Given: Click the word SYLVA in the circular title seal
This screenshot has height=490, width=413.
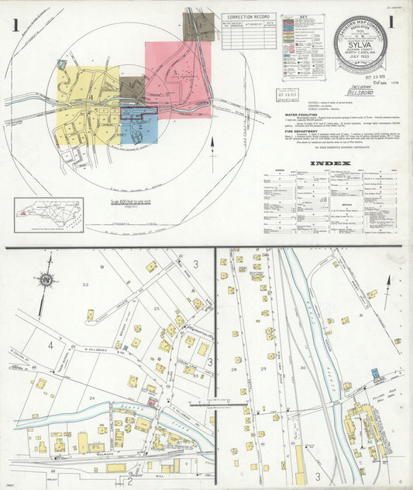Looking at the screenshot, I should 360,45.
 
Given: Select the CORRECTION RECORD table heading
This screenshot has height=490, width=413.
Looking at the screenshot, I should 248,16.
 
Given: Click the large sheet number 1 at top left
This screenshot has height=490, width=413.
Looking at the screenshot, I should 15,25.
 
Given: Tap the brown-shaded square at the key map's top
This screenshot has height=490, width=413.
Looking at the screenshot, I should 198,26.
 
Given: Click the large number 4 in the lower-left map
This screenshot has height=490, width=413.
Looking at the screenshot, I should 51,344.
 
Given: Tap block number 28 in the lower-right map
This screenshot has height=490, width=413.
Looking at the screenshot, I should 233,369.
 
